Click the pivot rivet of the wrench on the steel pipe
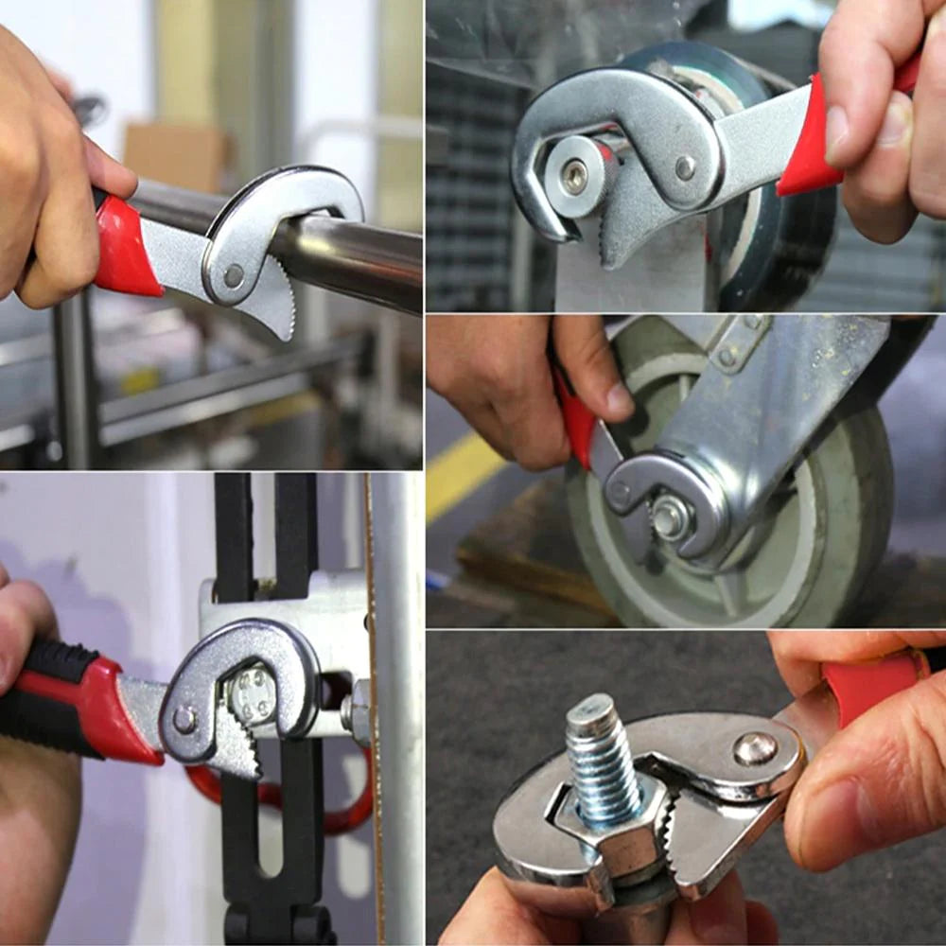[x=233, y=275]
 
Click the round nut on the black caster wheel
[x=574, y=176]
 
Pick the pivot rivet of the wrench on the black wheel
[x=686, y=168]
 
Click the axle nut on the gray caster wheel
[x=671, y=517]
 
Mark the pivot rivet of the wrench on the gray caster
[x=620, y=491]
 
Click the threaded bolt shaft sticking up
[x=600, y=757]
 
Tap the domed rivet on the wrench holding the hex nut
[x=755, y=748]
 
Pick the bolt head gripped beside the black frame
[x=252, y=695]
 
